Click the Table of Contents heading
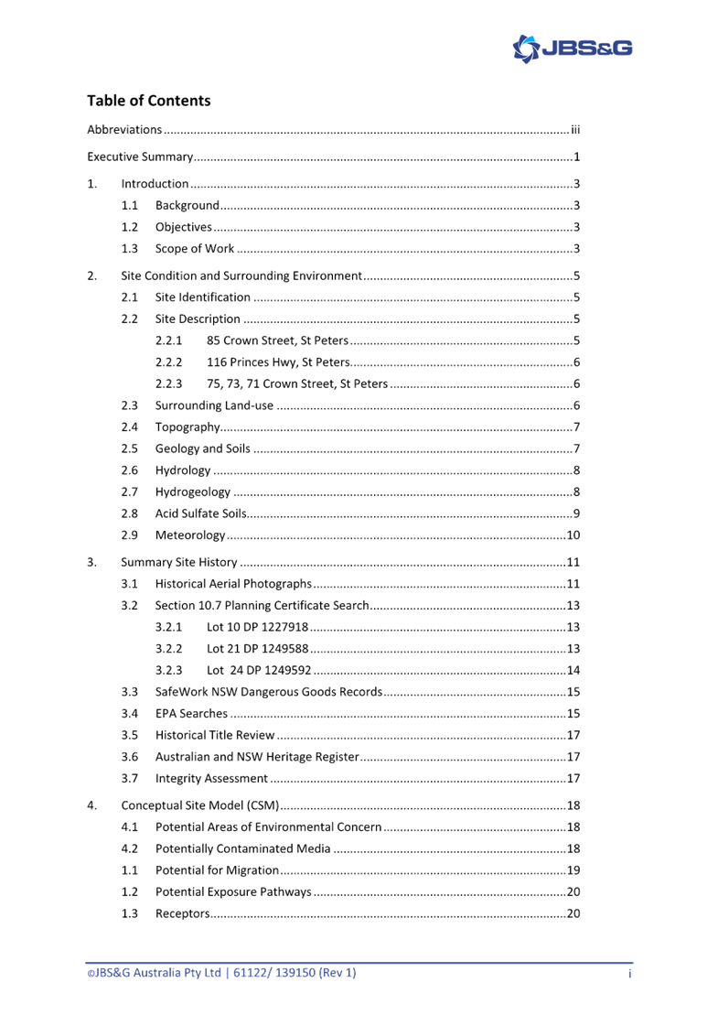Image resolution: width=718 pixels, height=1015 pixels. [x=148, y=101]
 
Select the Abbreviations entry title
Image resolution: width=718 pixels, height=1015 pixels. [x=124, y=130]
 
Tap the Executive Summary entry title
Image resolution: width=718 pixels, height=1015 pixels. [x=140, y=157]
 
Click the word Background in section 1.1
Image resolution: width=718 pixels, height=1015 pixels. [x=187, y=205]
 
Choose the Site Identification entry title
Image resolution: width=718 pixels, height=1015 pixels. [x=202, y=297]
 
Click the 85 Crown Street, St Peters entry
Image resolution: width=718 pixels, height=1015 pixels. [x=278, y=340]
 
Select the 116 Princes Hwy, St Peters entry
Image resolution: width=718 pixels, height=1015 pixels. [x=279, y=362]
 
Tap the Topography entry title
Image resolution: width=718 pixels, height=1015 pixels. [x=188, y=427]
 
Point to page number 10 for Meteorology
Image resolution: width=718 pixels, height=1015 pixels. [x=573, y=535]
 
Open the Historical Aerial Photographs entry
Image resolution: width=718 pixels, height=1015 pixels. [x=233, y=584]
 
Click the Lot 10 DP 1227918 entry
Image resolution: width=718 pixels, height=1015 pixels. [x=257, y=627]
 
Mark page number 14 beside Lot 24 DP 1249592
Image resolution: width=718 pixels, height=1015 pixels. [x=573, y=670]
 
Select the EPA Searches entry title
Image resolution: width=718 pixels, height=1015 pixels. [x=190, y=713]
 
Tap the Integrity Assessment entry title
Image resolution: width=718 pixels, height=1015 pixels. [x=211, y=778]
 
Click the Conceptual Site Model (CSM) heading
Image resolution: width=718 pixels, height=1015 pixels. [x=199, y=805]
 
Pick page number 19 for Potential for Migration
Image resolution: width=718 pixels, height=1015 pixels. [x=573, y=870]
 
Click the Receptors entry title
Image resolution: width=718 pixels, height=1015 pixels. [x=182, y=913]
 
